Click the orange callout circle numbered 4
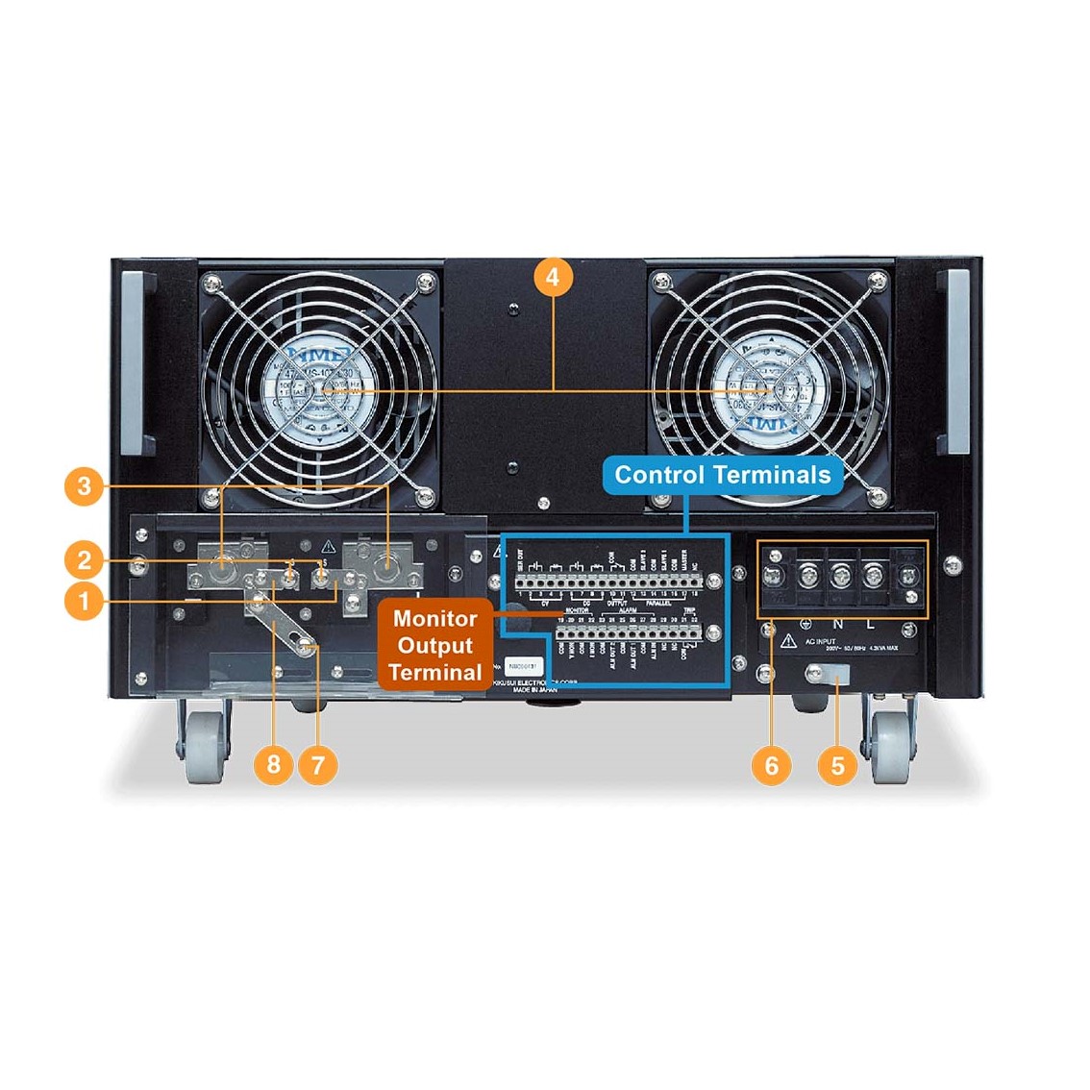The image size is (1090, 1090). coord(552,277)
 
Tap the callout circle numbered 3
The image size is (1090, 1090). coord(85,485)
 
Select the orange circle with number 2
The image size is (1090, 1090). coord(85,559)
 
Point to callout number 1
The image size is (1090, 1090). coord(85,602)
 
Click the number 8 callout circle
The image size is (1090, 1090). coord(274,764)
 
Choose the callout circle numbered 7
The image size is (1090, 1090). coord(318,764)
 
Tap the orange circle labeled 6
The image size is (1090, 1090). coord(771,765)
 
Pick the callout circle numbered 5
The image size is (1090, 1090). coord(837,765)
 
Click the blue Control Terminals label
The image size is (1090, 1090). coord(722,475)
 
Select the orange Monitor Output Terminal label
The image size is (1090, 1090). coord(435,645)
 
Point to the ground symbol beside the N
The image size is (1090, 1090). coord(805,625)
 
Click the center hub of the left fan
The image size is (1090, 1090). coord(313,390)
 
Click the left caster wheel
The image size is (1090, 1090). coord(205,746)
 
